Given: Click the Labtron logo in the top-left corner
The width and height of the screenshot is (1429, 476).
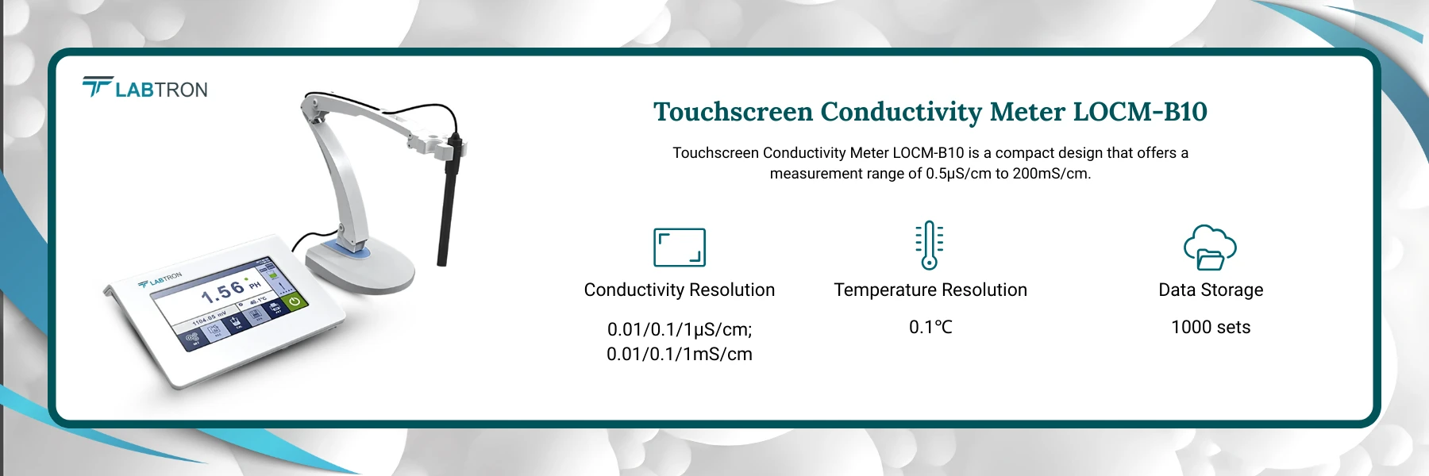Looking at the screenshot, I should click(x=145, y=88).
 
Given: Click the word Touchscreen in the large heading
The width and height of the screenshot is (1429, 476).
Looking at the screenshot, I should click(x=733, y=112).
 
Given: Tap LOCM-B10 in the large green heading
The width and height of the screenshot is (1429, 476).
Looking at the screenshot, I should click(x=1140, y=112).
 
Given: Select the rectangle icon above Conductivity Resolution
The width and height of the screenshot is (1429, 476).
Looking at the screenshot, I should click(x=679, y=248).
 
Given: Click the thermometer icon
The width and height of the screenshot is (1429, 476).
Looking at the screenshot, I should click(x=930, y=245).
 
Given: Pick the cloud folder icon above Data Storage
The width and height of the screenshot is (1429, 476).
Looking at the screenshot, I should click(x=1210, y=248).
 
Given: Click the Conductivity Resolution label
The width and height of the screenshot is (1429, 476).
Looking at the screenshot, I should click(x=679, y=290).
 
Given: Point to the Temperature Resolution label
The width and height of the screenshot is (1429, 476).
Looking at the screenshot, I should click(x=930, y=290).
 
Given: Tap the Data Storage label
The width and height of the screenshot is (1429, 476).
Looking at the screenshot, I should click(x=1210, y=290).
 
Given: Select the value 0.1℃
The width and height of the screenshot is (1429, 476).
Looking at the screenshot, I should click(x=930, y=327).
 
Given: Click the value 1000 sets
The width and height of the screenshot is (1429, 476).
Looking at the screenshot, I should click(x=1210, y=327).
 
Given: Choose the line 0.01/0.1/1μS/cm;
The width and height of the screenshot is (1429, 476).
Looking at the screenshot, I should click(x=679, y=329).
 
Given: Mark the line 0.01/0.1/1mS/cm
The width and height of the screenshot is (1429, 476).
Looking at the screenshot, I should click(x=679, y=354).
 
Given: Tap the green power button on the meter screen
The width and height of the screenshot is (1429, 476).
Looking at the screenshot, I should click(x=295, y=302).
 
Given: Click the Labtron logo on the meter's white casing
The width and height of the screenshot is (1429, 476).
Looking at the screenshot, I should click(x=160, y=279).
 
